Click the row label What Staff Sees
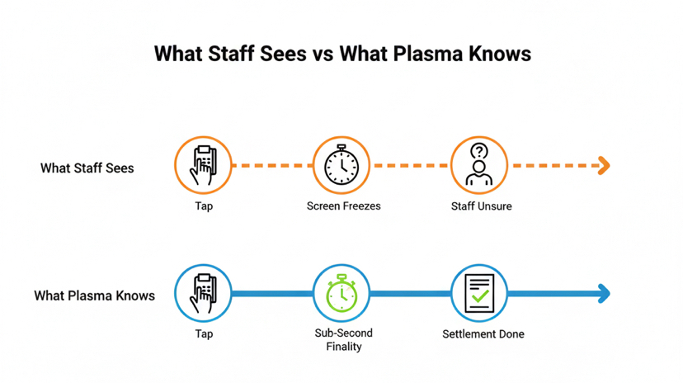[87, 168]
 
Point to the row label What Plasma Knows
[94, 295]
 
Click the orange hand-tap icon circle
[203, 165]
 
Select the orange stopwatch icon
[341, 165]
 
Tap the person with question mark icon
[479, 165]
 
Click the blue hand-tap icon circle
[203, 293]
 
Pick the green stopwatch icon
[341, 293]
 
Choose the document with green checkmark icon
[479, 293]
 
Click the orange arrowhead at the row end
[604, 165]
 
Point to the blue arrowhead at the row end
[604, 293]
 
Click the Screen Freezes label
[343, 206]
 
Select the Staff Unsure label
[481, 206]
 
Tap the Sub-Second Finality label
[343, 339]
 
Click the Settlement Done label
[483, 334]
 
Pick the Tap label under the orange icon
[204, 206]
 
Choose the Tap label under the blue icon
[204, 333]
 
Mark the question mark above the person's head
[479, 151]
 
